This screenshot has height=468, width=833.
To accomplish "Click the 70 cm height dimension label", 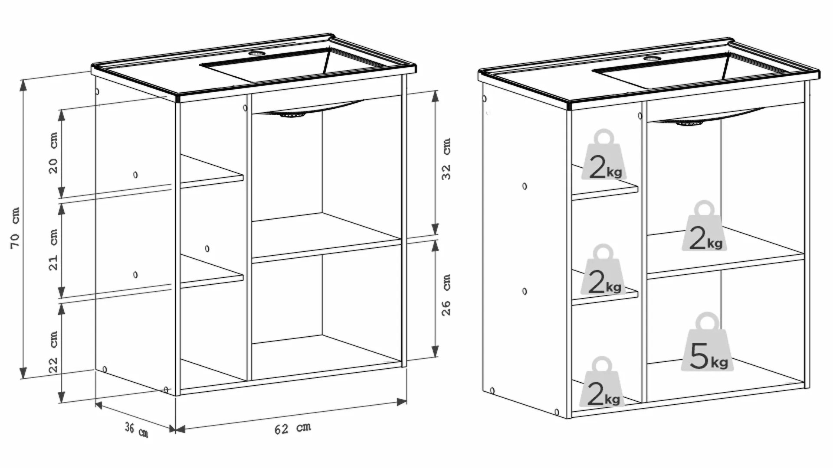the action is click(x=15, y=228).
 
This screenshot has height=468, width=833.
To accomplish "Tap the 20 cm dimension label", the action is click(x=53, y=153).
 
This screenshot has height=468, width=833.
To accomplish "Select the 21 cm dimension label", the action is click(x=53, y=250).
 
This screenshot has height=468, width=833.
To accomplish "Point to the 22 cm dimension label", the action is click(x=53, y=351).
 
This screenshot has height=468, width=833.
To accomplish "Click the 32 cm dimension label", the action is click(x=446, y=159).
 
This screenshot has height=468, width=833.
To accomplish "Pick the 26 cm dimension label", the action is click(x=446, y=295).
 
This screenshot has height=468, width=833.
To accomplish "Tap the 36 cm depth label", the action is click(x=137, y=430).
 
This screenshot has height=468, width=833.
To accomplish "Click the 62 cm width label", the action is click(x=293, y=428).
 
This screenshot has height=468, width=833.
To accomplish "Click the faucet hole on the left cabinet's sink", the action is click(x=257, y=53).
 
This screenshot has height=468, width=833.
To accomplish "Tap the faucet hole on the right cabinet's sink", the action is click(x=651, y=58).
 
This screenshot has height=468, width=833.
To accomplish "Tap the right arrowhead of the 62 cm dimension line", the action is click(x=401, y=402).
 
